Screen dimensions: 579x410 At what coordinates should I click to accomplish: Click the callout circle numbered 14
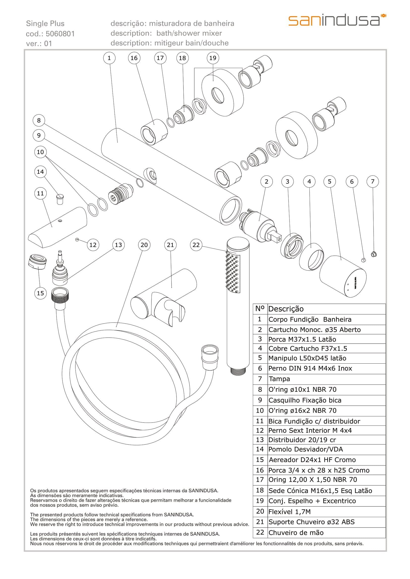coord(40,172)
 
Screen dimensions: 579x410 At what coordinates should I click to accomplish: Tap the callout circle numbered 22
coord(196,245)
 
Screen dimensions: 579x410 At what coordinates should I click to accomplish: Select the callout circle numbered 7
coord(373,181)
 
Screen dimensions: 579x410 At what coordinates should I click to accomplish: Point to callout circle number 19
coord(213,58)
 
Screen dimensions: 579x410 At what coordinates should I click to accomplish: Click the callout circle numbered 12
coord(93,245)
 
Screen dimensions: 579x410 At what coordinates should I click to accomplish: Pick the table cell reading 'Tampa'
coord(326,379)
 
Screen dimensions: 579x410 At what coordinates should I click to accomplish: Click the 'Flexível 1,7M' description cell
coord(326,512)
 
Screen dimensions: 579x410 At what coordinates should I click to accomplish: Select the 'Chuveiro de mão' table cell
coord(326,533)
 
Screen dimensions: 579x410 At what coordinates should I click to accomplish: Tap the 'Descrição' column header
coord(326,309)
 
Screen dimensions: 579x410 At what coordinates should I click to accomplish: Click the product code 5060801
coord(60,34)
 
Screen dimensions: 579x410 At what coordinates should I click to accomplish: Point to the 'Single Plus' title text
coord(45,24)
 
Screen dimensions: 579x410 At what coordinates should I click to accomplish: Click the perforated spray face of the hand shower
coord(233,274)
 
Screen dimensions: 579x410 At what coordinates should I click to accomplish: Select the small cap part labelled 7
coord(373,254)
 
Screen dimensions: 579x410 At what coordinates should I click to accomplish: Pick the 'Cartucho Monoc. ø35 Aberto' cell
coord(326,329)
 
